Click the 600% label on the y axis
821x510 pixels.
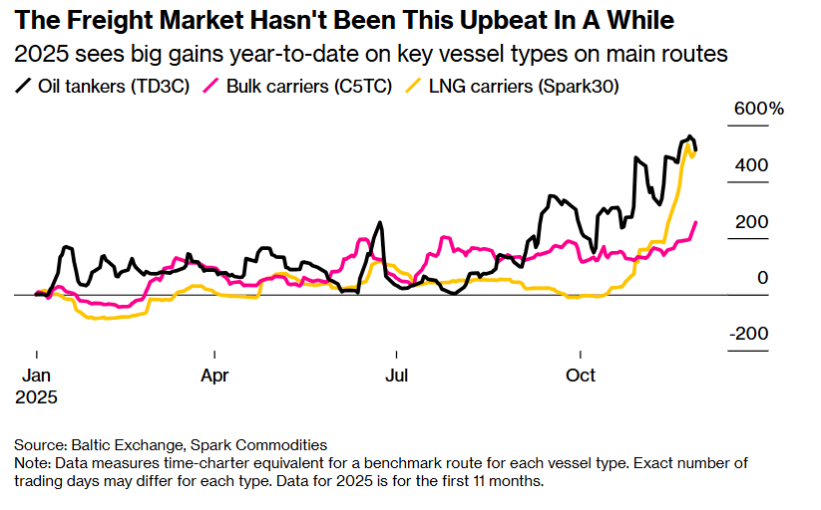click(759, 109)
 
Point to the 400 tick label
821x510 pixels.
click(753, 164)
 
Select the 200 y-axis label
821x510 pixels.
click(753, 221)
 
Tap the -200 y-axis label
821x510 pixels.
click(749, 334)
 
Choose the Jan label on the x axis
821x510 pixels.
click(37, 376)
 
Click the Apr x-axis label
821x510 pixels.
click(214, 376)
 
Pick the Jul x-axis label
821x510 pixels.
click(397, 376)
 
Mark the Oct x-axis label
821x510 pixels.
click(581, 376)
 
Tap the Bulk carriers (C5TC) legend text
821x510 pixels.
click(290, 87)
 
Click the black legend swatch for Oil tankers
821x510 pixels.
click(22, 87)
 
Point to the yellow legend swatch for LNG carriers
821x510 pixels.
click(411, 87)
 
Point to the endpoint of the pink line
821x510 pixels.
click(695, 222)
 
